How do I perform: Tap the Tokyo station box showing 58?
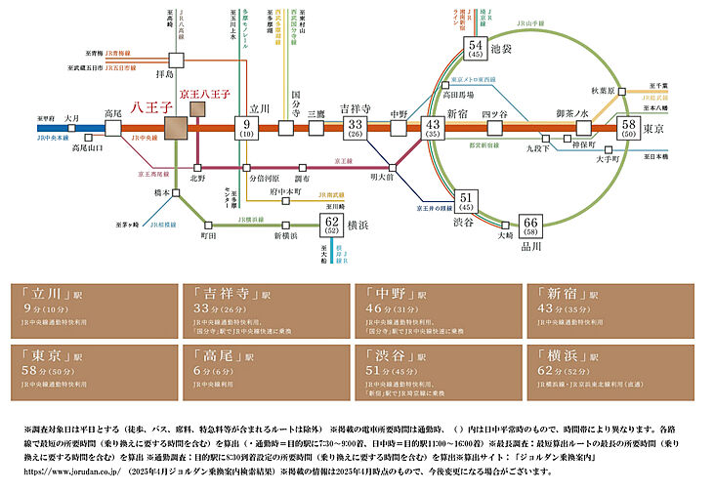630,128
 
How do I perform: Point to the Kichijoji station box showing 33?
356,128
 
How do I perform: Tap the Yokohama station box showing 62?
332,225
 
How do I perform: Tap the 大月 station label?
44,118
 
